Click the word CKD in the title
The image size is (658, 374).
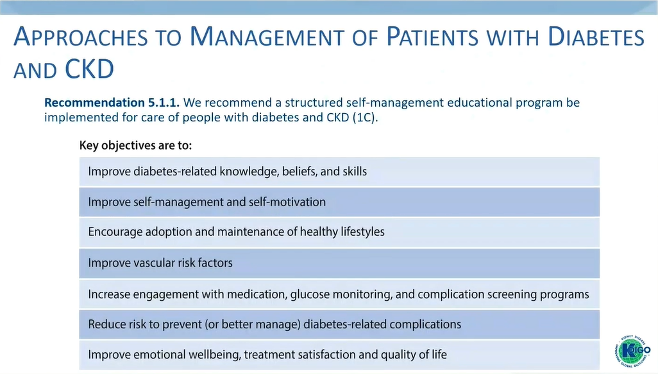click(89, 69)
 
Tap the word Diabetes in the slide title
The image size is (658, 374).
click(596, 37)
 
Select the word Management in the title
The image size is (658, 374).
click(267, 37)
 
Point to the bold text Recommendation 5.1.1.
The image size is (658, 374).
click(112, 103)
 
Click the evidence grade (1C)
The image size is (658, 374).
click(365, 118)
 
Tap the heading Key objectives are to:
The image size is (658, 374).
click(135, 146)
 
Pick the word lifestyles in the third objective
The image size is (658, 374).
click(362, 232)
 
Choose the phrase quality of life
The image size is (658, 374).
click(414, 355)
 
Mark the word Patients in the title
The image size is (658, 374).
click(432, 37)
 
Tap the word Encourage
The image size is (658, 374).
click(115, 232)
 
